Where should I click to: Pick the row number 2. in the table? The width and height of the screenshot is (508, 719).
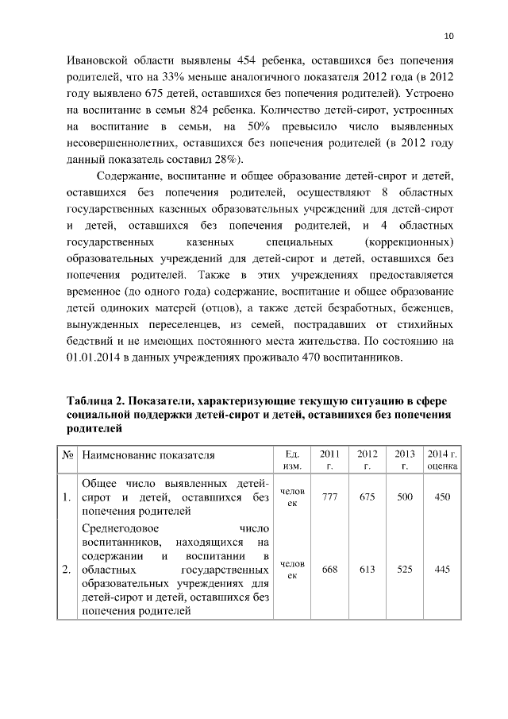67,569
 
